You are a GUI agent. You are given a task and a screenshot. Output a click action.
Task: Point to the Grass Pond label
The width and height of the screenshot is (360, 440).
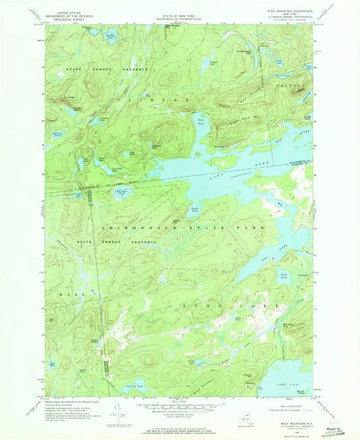[x=200, y=124]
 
